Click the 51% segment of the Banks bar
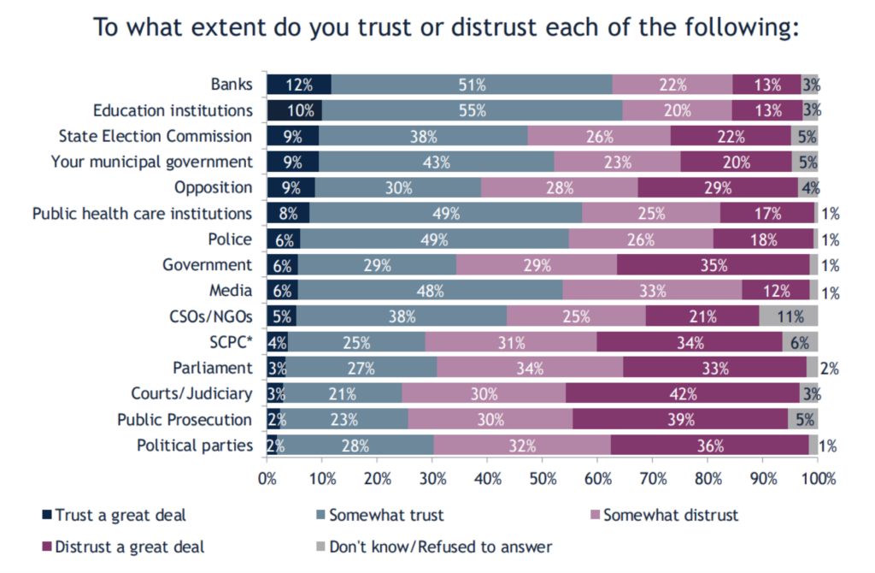[471, 85]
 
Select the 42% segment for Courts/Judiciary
[683, 394]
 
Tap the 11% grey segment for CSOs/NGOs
[789, 316]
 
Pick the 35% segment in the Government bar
[713, 265]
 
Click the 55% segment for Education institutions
[472, 110]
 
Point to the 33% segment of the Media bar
[651, 291]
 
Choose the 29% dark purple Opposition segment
[718, 187]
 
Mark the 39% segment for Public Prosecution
[680, 420]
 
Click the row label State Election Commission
[156, 136]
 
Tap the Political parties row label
[195, 446]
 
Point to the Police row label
[231, 239]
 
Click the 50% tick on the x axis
[543, 477]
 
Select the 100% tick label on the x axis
[818, 477]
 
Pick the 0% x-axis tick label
[267, 477]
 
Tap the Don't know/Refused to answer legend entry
[433, 546]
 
